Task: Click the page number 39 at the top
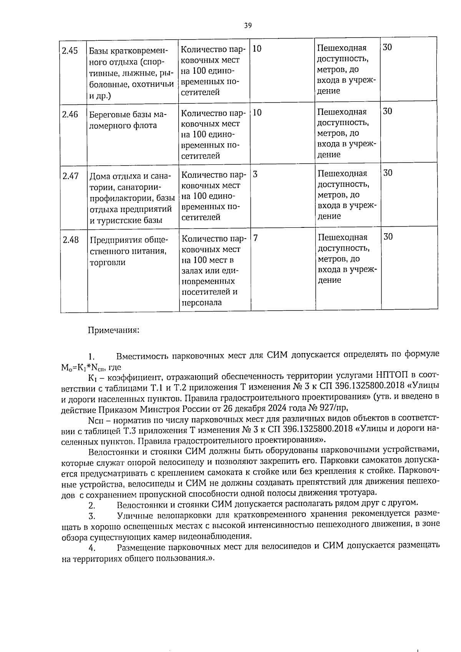pos(248,25)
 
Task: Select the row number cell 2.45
pos(70,51)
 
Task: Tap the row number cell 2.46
pos(70,114)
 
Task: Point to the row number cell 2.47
pos(71,176)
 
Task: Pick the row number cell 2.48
pos(71,240)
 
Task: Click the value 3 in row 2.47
pos(255,174)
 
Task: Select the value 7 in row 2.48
pos(255,238)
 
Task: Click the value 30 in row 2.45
pos(388,47)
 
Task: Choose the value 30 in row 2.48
pos(388,236)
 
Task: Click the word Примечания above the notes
pos(114,330)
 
